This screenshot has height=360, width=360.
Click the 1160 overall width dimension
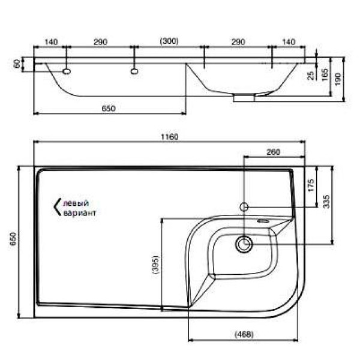click(x=170, y=137)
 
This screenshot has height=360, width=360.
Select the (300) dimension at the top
click(x=169, y=41)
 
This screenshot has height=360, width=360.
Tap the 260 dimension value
click(x=273, y=152)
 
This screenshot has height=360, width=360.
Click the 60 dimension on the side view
click(x=16, y=64)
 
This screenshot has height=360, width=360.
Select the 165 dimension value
click(x=325, y=75)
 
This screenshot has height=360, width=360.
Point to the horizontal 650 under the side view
click(x=108, y=109)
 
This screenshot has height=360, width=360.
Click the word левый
click(x=75, y=203)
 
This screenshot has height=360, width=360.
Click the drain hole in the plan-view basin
click(x=244, y=244)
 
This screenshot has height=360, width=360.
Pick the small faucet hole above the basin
click(x=244, y=207)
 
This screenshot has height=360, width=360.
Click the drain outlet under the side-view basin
click(x=244, y=96)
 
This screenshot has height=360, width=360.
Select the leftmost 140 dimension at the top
click(x=51, y=41)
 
